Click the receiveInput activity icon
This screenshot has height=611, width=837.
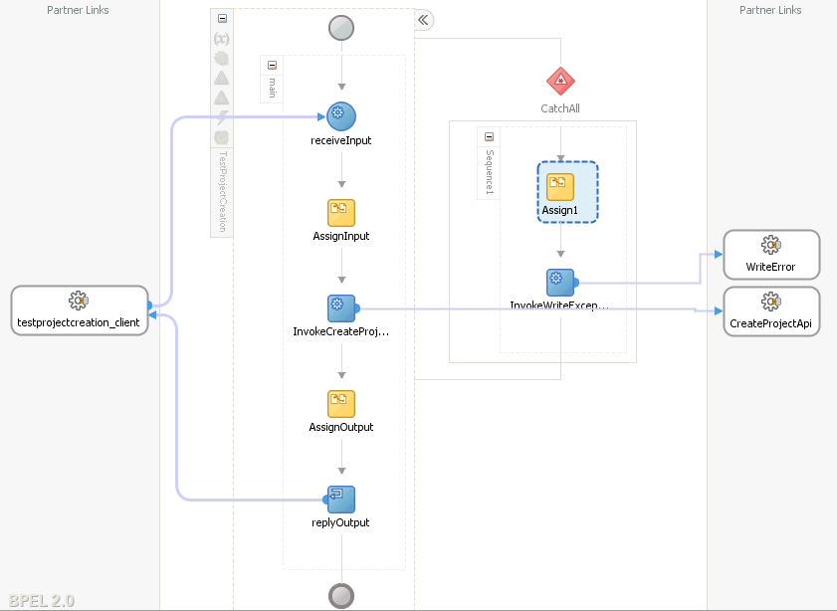click(341, 116)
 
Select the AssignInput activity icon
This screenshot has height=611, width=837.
click(341, 212)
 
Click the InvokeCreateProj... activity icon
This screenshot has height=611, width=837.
click(341, 308)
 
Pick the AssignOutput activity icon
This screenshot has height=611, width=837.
click(341, 403)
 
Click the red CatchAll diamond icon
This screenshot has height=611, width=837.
click(560, 82)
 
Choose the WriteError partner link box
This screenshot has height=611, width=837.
click(771, 255)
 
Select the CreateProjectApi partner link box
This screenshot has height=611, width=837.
click(771, 311)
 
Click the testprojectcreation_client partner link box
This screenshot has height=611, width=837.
click(80, 309)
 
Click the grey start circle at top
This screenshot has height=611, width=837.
click(341, 28)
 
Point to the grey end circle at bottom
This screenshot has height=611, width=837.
click(341, 595)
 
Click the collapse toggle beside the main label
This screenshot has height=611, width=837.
click(272, 66)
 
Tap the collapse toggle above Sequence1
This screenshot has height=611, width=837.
click(489, 137)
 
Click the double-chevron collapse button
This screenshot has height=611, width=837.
click(423, 20)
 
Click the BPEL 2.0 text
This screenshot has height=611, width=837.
click(40, 600)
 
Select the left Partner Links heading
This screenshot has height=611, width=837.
click(78, 10)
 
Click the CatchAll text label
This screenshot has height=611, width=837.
click(560, 108)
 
